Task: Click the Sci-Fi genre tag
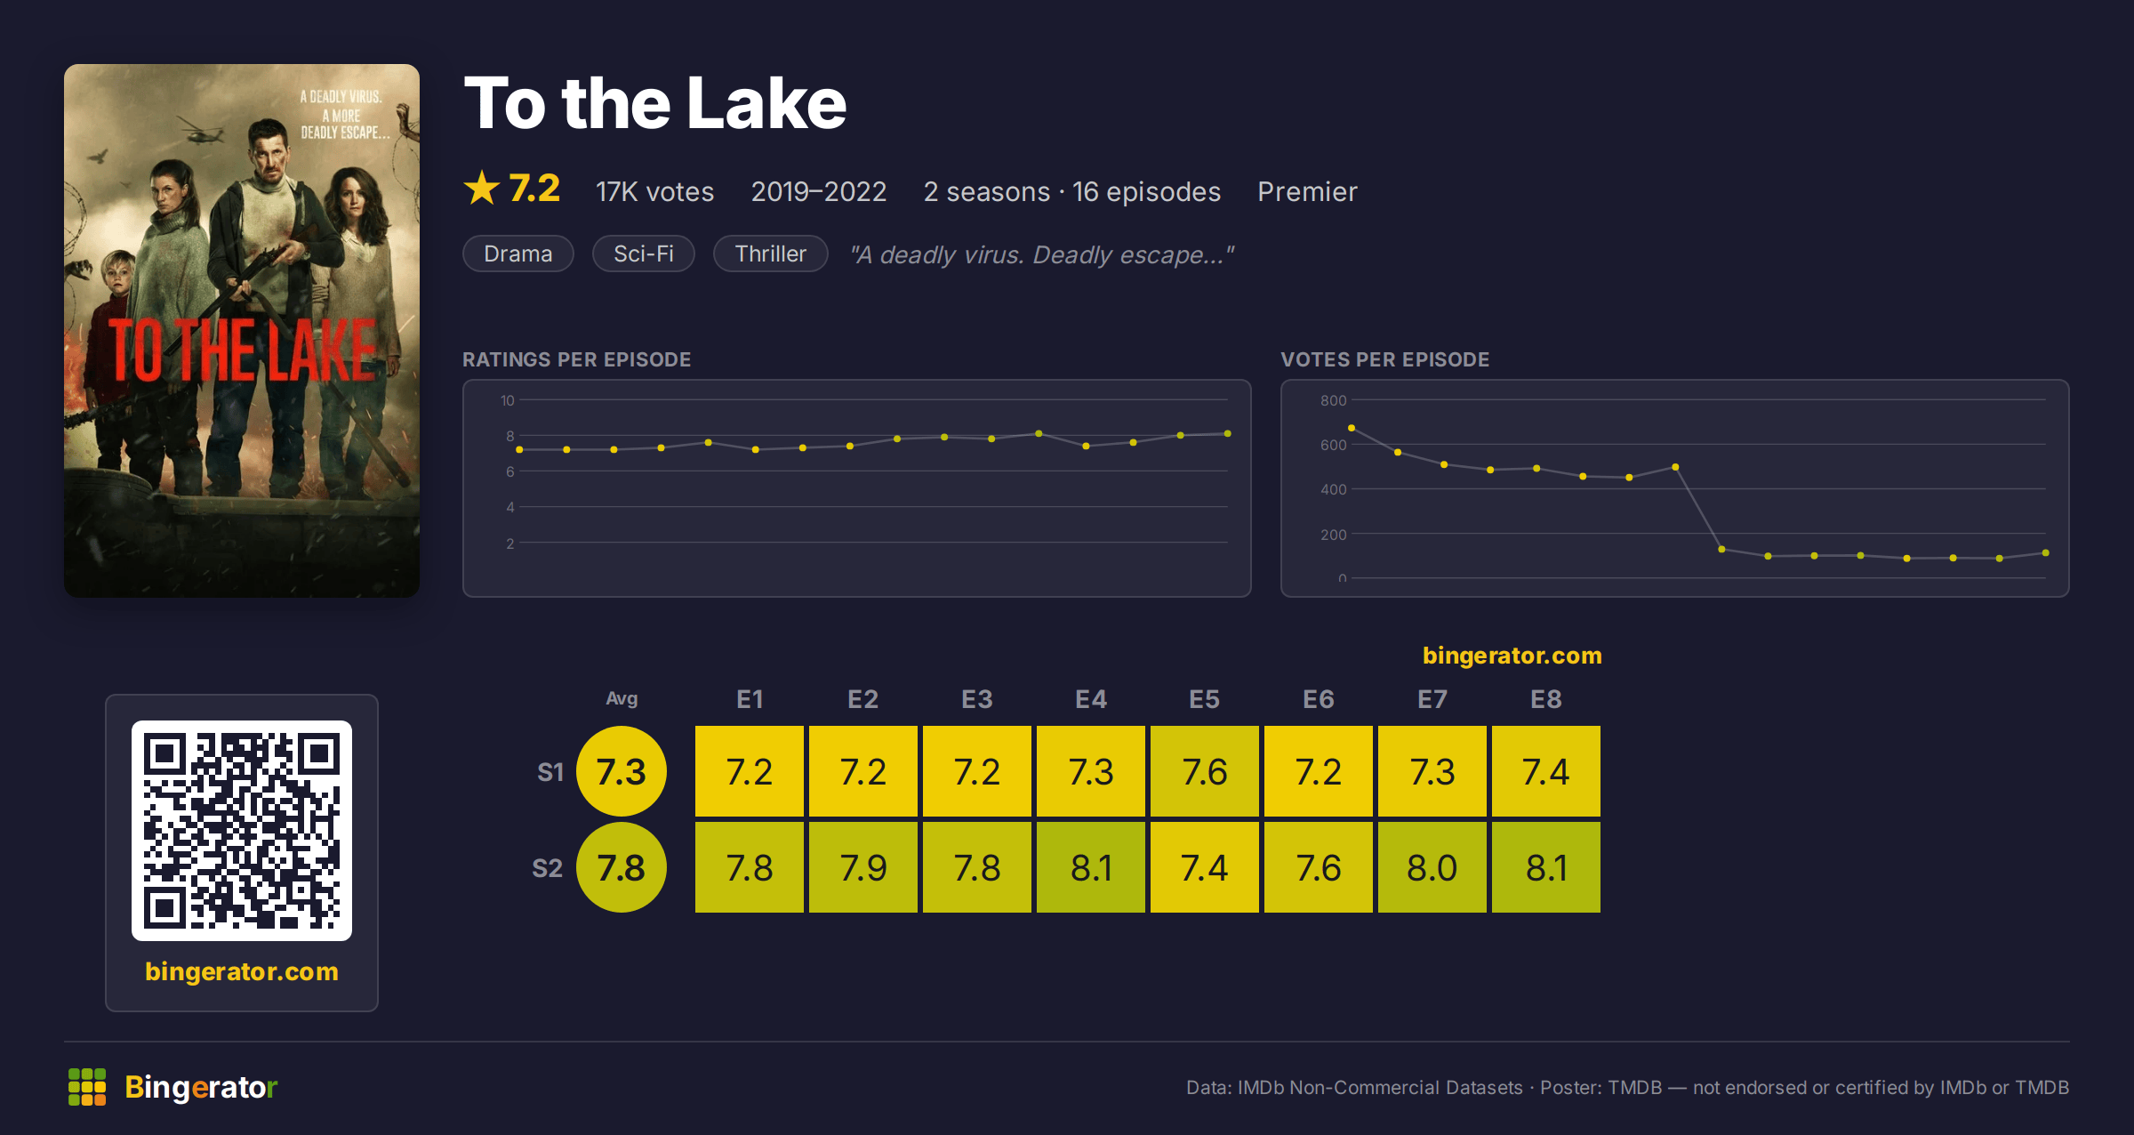point(644,254)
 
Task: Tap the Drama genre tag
point(518,254)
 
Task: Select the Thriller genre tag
point(771,254)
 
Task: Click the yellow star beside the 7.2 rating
point(482,188)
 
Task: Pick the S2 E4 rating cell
point(1091,867)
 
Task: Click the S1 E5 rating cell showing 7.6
point(1205,771)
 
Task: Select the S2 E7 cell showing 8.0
point(1432,867)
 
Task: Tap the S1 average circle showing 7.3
point(622,771)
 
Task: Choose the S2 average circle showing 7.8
point(622,867)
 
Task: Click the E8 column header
point(1546,699)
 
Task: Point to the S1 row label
point(550,772)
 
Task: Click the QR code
point(242,831)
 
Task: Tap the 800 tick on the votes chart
point(1333,400)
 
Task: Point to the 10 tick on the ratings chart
point(507,400)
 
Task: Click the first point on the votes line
point(1352,428)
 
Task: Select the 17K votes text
point(655,191)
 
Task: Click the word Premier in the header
point(1307,191)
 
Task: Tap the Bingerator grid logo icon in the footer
point(87,1087)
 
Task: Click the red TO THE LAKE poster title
point(242,350)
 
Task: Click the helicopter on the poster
point(203,133)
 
